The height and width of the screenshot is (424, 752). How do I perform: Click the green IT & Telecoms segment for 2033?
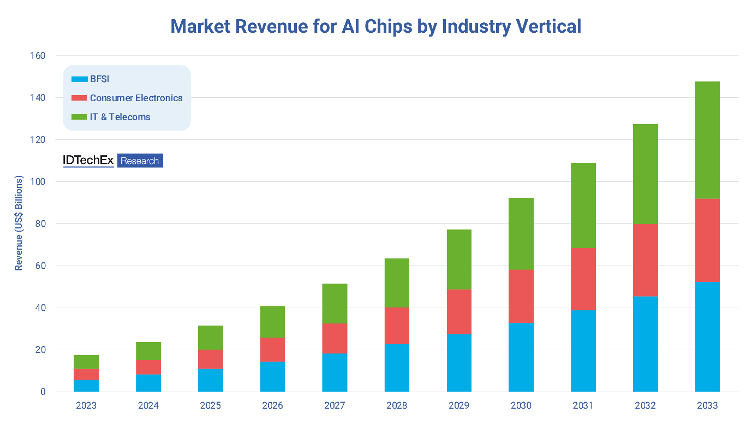point(707,140)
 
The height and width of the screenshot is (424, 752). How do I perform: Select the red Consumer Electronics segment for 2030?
point(521,296)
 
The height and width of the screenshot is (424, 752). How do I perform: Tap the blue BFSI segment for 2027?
point(335,373)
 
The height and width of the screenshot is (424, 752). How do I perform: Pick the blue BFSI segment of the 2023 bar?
point(86,386)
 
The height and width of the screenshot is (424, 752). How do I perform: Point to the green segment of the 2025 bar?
point(211,337)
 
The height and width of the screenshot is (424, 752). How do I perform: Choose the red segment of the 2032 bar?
point(645,260)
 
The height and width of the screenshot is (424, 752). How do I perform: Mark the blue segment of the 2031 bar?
point(583,351)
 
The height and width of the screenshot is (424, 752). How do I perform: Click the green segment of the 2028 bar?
point(397,282)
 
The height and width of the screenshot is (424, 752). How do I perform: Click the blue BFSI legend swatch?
point(79,79)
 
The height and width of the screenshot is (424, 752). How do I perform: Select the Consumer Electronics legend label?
point(136,98)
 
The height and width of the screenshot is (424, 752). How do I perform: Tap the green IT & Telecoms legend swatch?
point(79,117)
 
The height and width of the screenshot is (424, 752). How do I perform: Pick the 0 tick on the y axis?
point(43,392)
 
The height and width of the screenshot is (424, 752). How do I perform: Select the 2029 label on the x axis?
point(459,405)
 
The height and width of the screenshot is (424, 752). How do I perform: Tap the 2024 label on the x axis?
point(148,405)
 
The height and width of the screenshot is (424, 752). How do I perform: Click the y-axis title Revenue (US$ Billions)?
point(19,223)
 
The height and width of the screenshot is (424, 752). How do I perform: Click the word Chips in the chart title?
point(381,26)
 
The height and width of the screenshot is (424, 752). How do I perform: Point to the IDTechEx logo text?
point(88,161)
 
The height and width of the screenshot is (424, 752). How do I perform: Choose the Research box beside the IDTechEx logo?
point(140,161)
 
